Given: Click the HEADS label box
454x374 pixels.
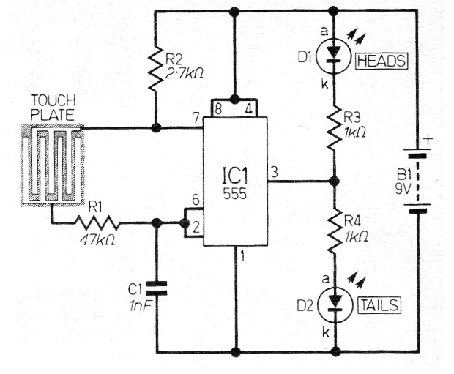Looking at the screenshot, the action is click(x=382, y=61).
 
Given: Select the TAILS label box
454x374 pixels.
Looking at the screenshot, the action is click(x=379, y=305).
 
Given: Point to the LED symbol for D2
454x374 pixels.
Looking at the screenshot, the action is click(x=335, y=304).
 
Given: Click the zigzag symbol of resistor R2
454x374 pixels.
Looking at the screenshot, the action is click(x=156, y=67).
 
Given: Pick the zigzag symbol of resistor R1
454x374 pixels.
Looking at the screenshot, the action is click(x=97, y=223).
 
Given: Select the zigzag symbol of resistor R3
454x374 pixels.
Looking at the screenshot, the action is click(x=334, y=127).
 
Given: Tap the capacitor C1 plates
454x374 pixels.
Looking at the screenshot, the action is click(x=157, y=288).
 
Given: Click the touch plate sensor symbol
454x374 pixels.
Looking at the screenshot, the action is click(x=53, y=165).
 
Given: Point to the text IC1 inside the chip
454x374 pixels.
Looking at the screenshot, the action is click(x=235, y=176).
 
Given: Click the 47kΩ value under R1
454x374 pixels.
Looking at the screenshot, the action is click(x=97, y=239).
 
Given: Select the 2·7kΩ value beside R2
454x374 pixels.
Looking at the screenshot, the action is click(x=184, y=74).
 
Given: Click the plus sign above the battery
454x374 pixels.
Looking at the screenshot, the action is click(x=428, y=140).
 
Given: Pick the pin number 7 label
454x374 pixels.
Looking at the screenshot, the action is click(x=196, y=118).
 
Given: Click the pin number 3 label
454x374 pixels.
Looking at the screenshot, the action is click(x=274, y=172).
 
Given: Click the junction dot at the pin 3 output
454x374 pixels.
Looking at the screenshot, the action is click(x=335, y=182).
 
